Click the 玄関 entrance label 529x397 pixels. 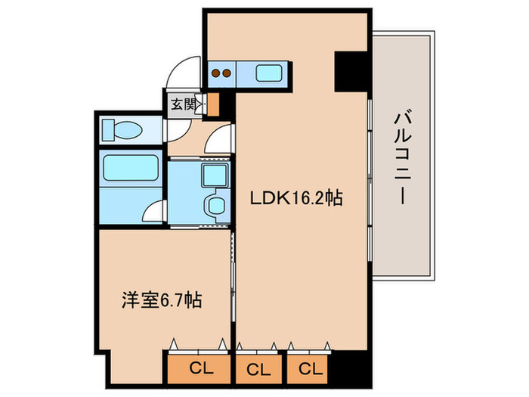[182, 104]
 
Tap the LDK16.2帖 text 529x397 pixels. [298, 199]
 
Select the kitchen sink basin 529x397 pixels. [270, 73]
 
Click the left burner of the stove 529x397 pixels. [215, 74]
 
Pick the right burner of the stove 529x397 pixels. [226, 74]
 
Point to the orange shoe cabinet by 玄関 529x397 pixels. [212, 104]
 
